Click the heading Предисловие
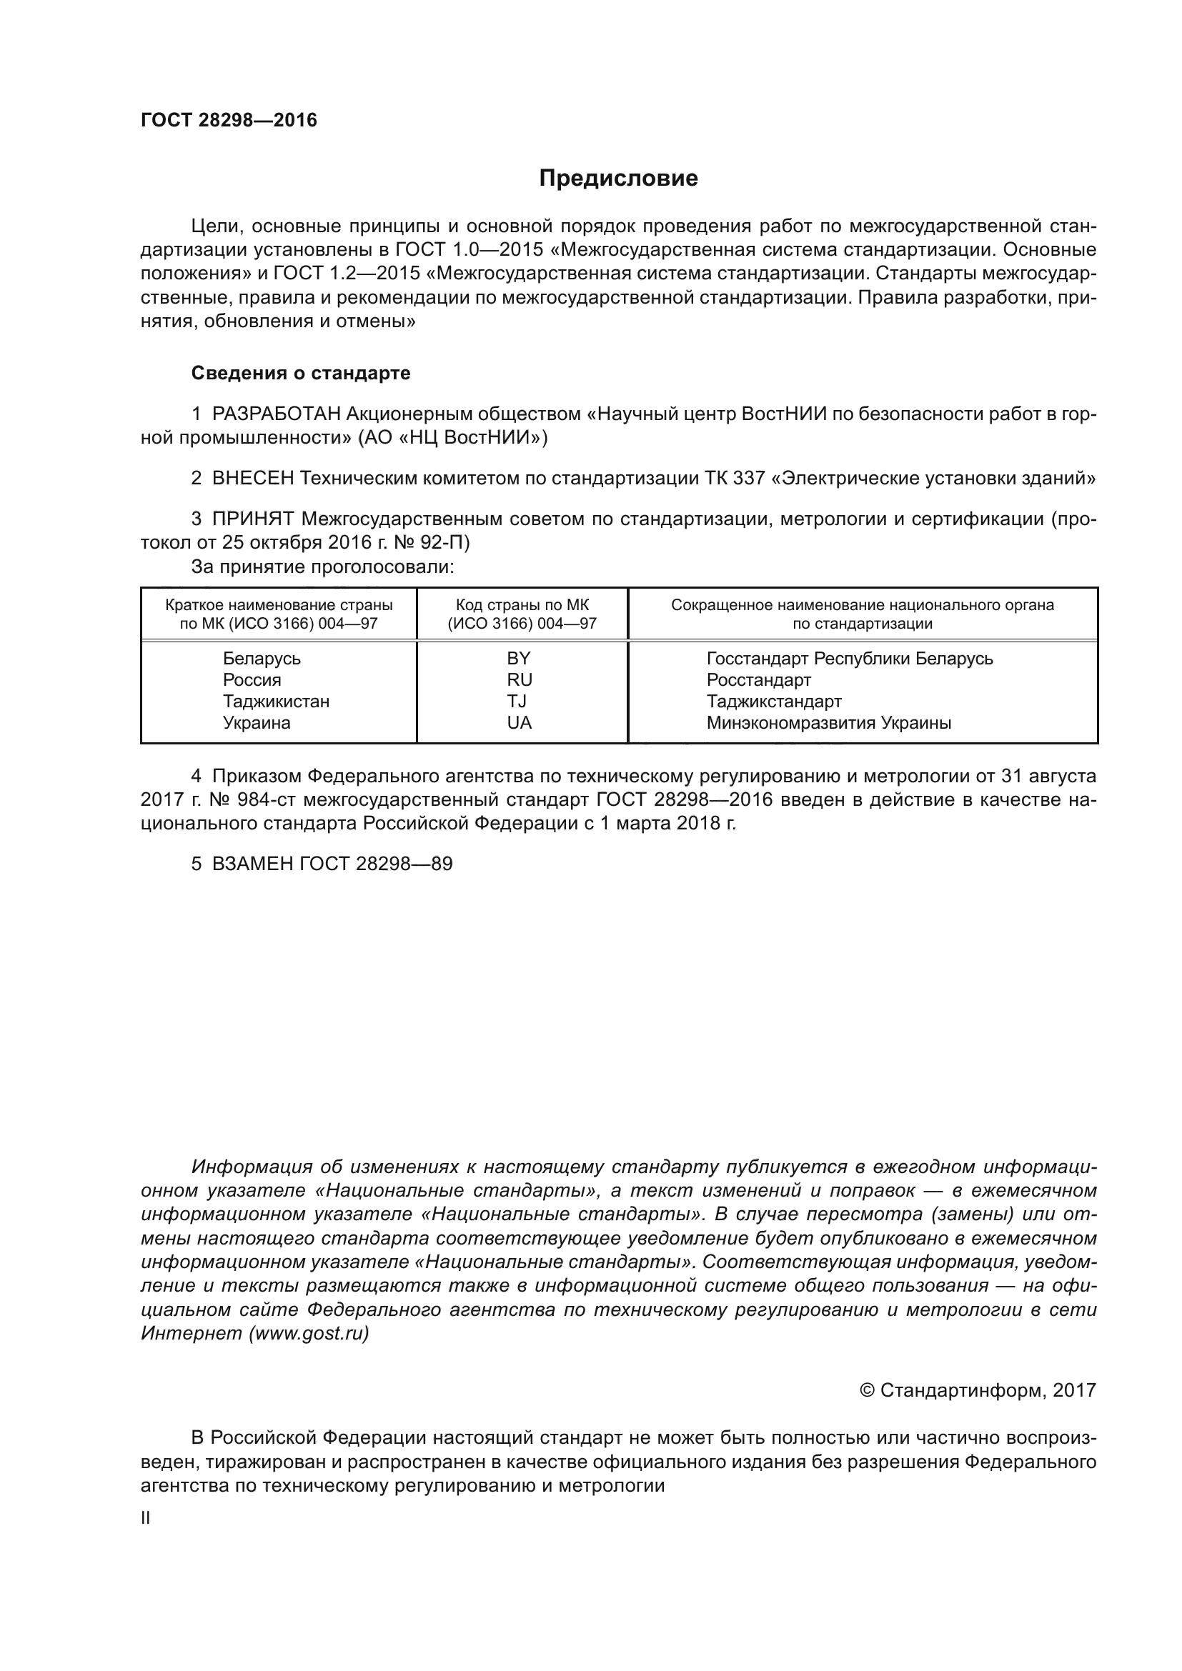pos(618,179)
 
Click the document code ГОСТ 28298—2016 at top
pos(229,120)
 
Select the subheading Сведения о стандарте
pos(301,373)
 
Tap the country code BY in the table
pos(519,658)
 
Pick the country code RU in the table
pos(520,679)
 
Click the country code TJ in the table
pos(517,701)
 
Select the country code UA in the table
pos(520,723)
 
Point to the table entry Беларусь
pos(262,658)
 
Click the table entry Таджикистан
pos(276,701)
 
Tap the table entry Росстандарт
pos(758,679)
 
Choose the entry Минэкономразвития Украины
pos(828,723)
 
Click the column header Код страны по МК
pos(522,605)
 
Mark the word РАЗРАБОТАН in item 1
pos(276,414)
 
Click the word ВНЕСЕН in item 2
pos(252,478)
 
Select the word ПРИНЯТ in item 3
pos(252,519)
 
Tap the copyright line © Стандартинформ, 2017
pos(978,1390)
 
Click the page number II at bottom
pos(146,1518)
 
